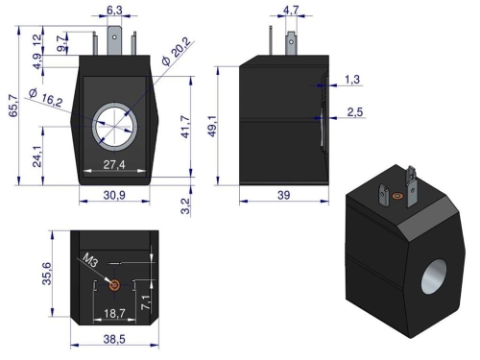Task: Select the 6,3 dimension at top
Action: [113, 11]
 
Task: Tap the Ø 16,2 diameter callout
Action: [45, 97]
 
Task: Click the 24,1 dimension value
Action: [36, 153]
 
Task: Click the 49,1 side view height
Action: [224, 125]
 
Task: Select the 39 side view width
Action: [285, 195]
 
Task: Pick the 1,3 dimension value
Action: [352, 79]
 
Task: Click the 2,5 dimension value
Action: [353, 113]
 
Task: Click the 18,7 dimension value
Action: [114, 313]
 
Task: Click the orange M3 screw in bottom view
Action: [114, 285]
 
